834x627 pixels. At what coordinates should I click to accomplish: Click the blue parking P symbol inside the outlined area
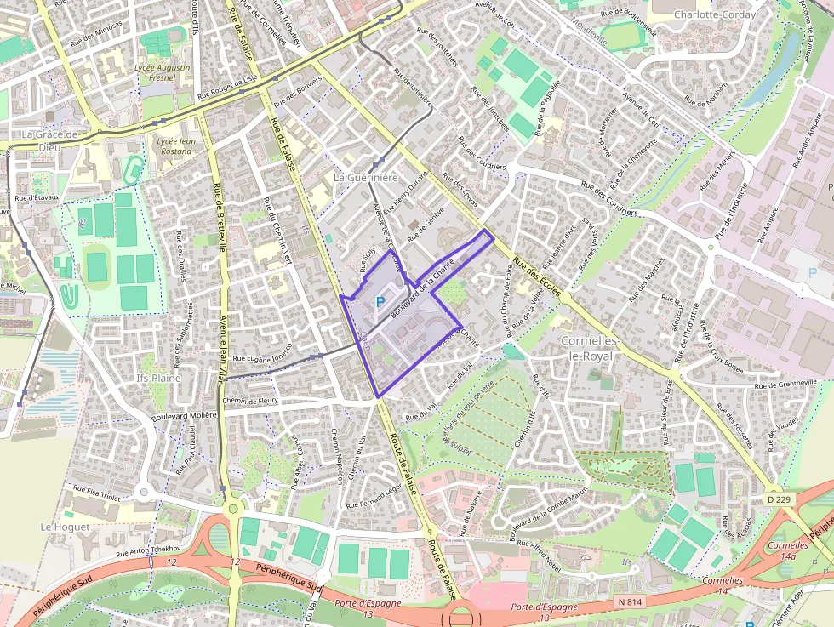[x=380, y=300]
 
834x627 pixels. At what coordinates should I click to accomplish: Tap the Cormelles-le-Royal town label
[x=587, y=348]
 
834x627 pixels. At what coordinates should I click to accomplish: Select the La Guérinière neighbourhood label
[x=366, y=178]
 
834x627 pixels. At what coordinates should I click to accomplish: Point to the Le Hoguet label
[x=60, y=527]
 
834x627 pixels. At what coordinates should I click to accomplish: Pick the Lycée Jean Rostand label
[x=176, y=146]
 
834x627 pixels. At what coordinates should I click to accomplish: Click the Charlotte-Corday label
[x=709, y=14]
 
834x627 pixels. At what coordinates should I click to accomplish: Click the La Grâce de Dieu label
[x=50, y=140]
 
